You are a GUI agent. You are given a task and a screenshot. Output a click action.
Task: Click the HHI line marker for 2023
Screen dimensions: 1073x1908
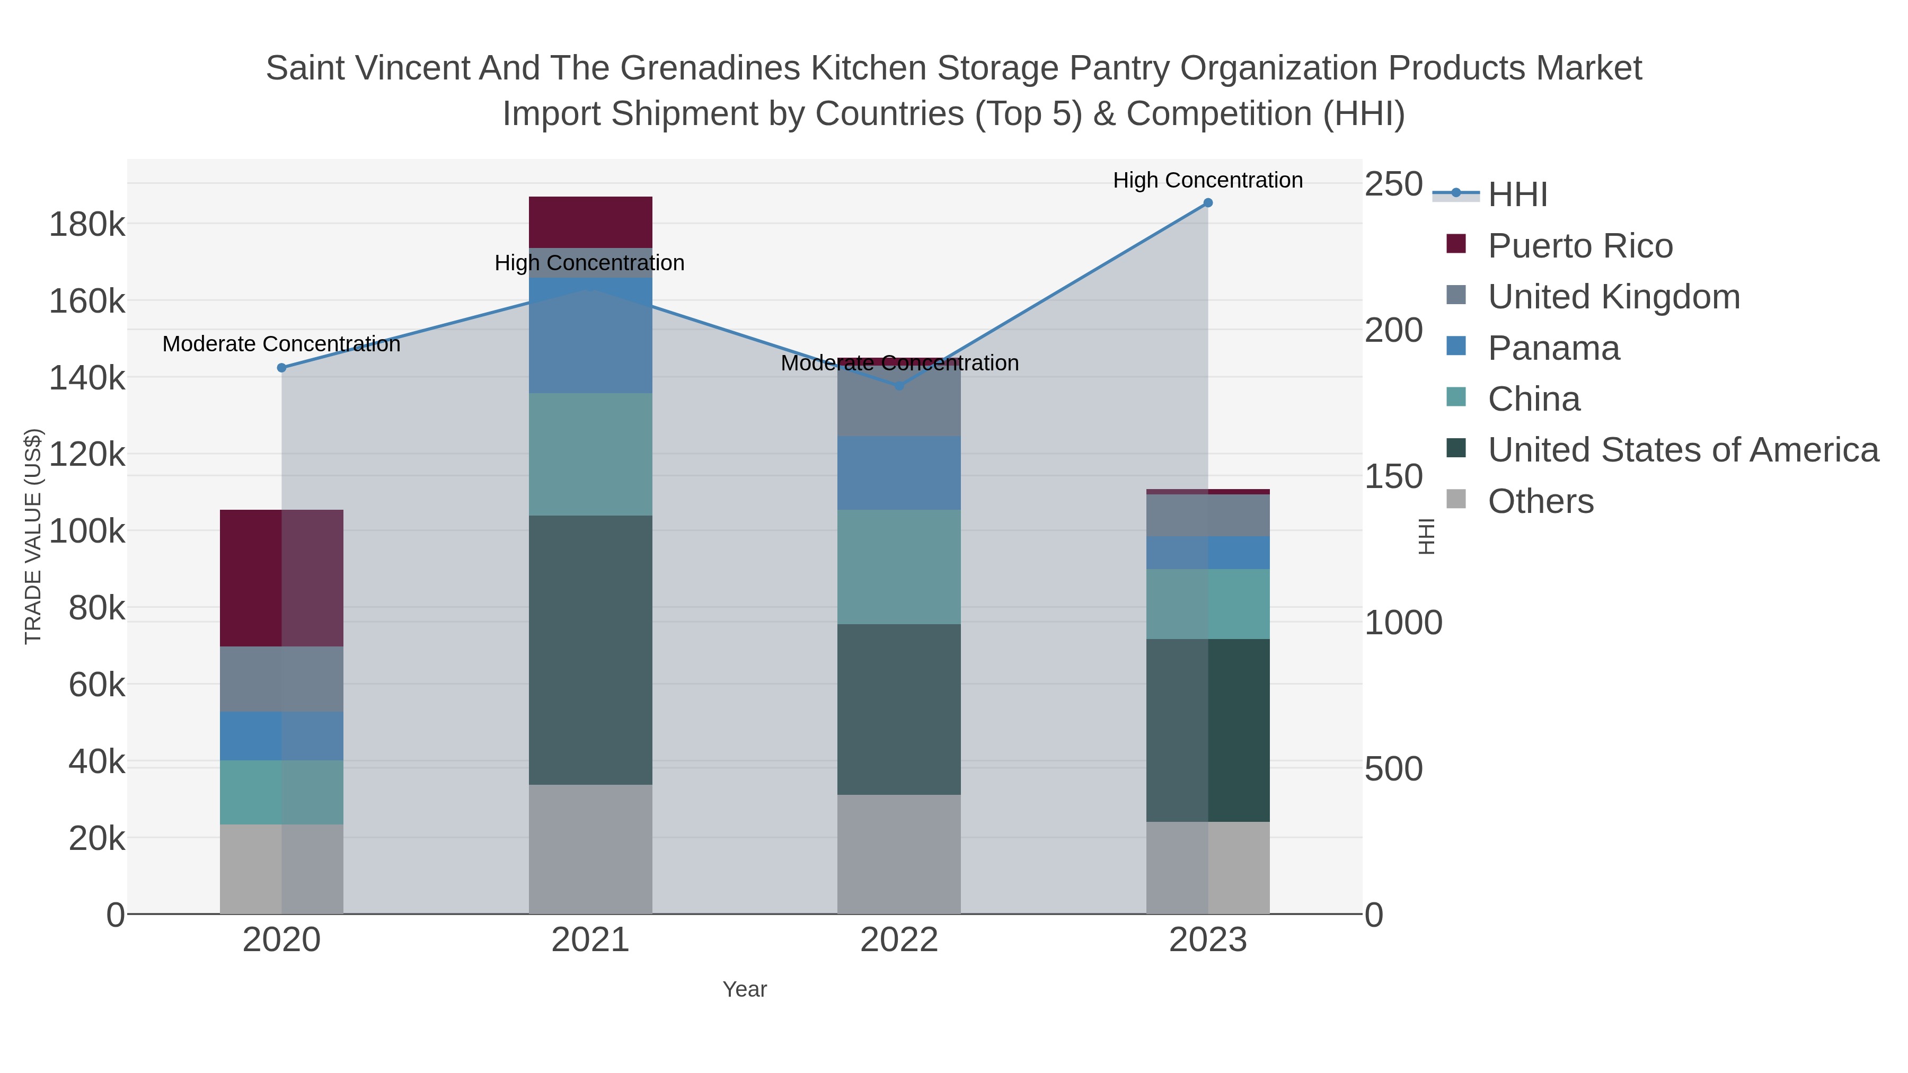coord(1207,203)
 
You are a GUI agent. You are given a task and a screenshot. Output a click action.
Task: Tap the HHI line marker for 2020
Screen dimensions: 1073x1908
coord(281,368)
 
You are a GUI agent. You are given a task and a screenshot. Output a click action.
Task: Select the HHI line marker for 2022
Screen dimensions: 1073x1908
coord(899,386)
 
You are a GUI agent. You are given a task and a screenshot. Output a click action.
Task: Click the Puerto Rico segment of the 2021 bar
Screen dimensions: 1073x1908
coord(590,222)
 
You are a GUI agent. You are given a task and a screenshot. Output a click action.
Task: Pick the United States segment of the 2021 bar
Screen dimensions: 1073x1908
coord(590,650)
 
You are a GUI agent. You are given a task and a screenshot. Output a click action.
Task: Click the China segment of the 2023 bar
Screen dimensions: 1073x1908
coord(1207,604)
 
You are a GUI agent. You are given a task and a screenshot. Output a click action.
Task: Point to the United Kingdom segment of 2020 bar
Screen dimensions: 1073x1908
coord(281,679)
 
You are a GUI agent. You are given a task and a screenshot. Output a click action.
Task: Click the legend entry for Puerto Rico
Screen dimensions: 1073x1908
coord(1580,246)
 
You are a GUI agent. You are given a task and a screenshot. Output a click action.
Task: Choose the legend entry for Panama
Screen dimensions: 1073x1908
coord(1553,348)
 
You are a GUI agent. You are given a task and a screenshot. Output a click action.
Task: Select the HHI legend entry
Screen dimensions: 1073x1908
coord(1517,195)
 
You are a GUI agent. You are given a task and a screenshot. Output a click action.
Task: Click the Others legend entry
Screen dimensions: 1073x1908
coord(1540,501)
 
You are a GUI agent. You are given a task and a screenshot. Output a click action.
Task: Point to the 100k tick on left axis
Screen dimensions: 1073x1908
coord(87,531)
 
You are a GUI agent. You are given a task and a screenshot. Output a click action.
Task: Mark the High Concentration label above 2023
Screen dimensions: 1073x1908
coord(1207,180)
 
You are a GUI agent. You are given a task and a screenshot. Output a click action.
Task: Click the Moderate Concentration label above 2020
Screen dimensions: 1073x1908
coord(281,344)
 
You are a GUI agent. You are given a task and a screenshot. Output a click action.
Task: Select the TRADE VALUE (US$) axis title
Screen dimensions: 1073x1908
coord(33,536)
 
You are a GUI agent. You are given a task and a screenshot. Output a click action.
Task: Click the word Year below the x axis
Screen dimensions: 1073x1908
coord(745,989)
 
